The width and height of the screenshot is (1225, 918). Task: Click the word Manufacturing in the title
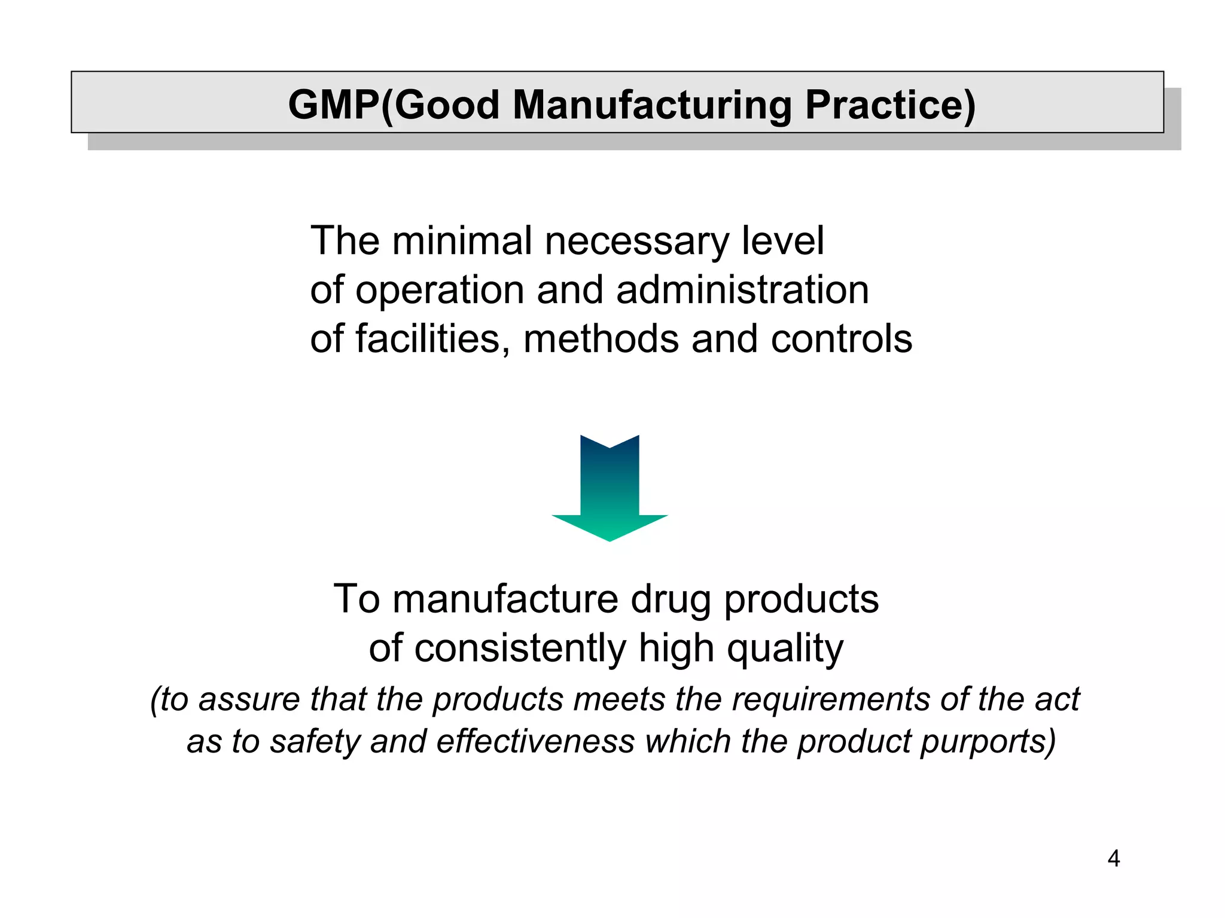pyautogui.click(x=652, y=105)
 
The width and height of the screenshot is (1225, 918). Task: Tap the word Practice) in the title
pyautogui.click(x=890, y=106)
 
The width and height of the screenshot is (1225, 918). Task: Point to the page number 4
pyautogui.click(x=1113, y=859)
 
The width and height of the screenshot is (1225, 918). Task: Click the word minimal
pyautogui.click(x=462, y=241)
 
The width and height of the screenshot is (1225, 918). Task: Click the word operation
pyautogui.click(x=439, y=291)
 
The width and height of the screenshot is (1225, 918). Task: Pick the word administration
pyautogui.click(x=742, y=290)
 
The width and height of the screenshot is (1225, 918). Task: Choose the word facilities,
pyautogui.click(x=433, y=339)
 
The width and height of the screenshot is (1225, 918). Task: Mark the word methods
pyautogui.click(x=601, y=339)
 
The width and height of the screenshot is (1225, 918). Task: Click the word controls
pyautogui.click(x=841, y=339)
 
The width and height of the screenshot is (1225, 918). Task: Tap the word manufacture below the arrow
pyautogui.click(x=505, y=599)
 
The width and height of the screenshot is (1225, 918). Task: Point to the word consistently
pyautogui.click(x=520, y=648)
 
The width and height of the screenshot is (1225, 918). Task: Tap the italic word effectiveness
pyautogui.click(x=535, y=742)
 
